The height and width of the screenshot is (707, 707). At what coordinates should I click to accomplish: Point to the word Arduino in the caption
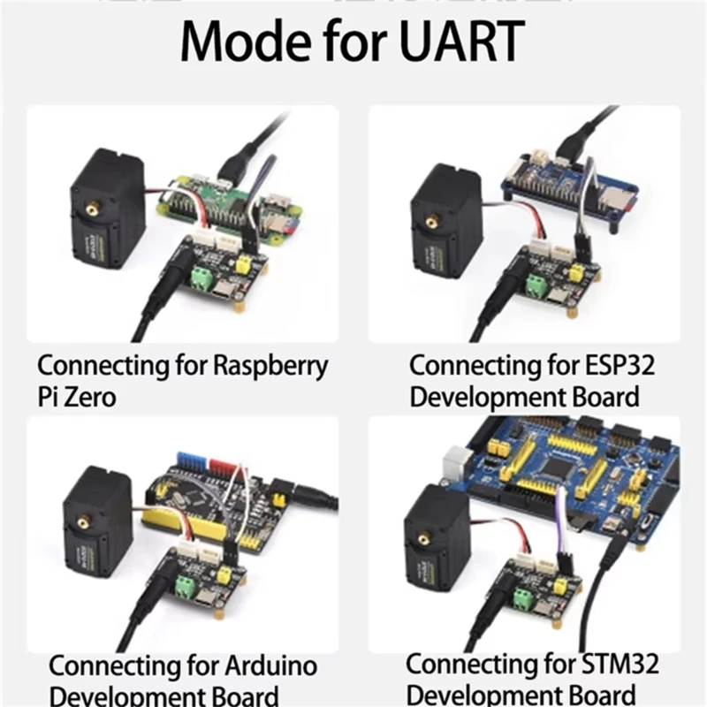(x=268, y=665)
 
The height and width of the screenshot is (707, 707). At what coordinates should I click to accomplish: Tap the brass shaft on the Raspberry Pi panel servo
(x=93, y=209)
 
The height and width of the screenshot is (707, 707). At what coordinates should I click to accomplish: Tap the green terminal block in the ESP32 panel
(x=537, y=285)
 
